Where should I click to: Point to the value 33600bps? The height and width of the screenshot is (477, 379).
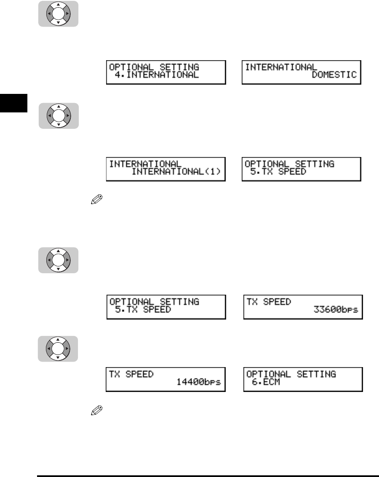(x=336, y=310)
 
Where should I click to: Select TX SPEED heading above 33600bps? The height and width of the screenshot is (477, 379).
(x=269, y=302)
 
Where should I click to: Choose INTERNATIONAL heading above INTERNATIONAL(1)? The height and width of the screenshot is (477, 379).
(x=146, y=164)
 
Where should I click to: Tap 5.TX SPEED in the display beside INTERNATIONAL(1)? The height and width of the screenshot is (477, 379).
(x=275, y=172)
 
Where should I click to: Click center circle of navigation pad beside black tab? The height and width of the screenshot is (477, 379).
(x=58, y=115)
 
